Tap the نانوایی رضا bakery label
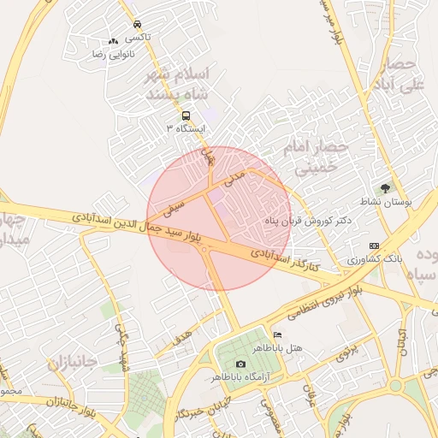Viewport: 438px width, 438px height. point(109,54)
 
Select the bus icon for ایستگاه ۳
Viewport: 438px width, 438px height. point(186,115)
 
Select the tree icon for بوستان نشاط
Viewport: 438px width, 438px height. point(386,188)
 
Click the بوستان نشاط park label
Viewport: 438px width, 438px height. point(394,203)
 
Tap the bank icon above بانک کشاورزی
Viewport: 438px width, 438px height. point(374,245)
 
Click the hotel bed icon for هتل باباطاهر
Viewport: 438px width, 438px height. point(276,334)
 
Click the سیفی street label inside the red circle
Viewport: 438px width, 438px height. point(175,205)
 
